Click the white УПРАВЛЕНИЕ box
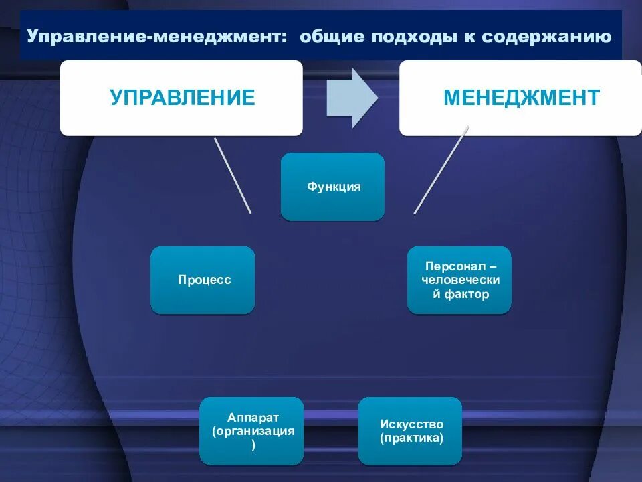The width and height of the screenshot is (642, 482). pos(182,98)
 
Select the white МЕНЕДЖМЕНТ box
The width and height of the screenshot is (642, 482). pos(521,98)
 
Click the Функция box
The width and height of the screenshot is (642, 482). pos(333,187)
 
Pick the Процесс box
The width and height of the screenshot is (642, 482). pos(203,280)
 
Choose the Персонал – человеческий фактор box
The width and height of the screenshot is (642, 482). pos(459,280)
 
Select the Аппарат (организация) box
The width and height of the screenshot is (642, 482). pos(252,430)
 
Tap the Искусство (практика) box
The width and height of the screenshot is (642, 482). pos(411,430)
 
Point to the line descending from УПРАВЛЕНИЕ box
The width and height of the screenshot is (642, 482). pos(232,175)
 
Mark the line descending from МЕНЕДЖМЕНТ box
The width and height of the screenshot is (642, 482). pos(441,171)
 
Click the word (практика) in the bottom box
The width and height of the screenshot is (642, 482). pos(411,438)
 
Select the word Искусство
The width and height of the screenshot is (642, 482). pos(411,424)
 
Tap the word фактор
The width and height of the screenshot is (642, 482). pos(466,294)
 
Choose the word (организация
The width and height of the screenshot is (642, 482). pos(253,431)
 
